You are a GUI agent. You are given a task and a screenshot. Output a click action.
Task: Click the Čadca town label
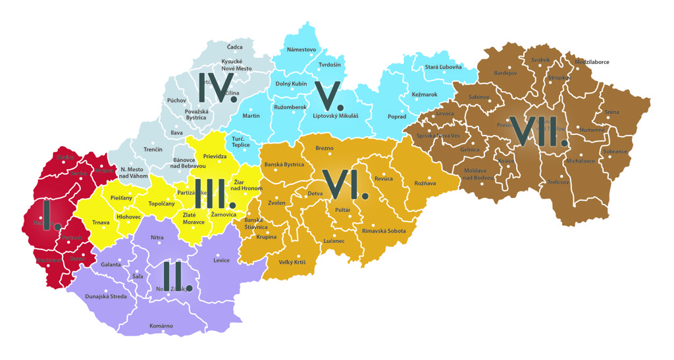click(234, 47)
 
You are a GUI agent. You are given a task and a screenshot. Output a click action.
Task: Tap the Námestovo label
click(301, 50)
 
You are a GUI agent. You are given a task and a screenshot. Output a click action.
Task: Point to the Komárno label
click(161, 326)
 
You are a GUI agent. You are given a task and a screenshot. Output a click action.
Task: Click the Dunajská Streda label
click(106, 297)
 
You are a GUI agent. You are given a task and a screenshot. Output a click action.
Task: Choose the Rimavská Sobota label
click(384, 231)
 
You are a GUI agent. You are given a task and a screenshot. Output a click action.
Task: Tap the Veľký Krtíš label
click(292, 263)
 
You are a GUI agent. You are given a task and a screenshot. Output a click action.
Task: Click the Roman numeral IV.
click(217, 87)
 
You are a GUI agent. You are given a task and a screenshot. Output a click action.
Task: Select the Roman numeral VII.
click(541, 131)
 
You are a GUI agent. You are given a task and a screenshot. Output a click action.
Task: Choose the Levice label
click(222, 261)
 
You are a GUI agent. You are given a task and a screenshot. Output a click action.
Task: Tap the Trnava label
click(101, 223)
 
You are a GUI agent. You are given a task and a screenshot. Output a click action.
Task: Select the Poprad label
click(397, 116)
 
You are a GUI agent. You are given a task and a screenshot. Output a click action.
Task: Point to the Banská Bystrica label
click(284, 165)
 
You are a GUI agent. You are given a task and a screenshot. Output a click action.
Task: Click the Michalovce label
click(581, 161)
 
